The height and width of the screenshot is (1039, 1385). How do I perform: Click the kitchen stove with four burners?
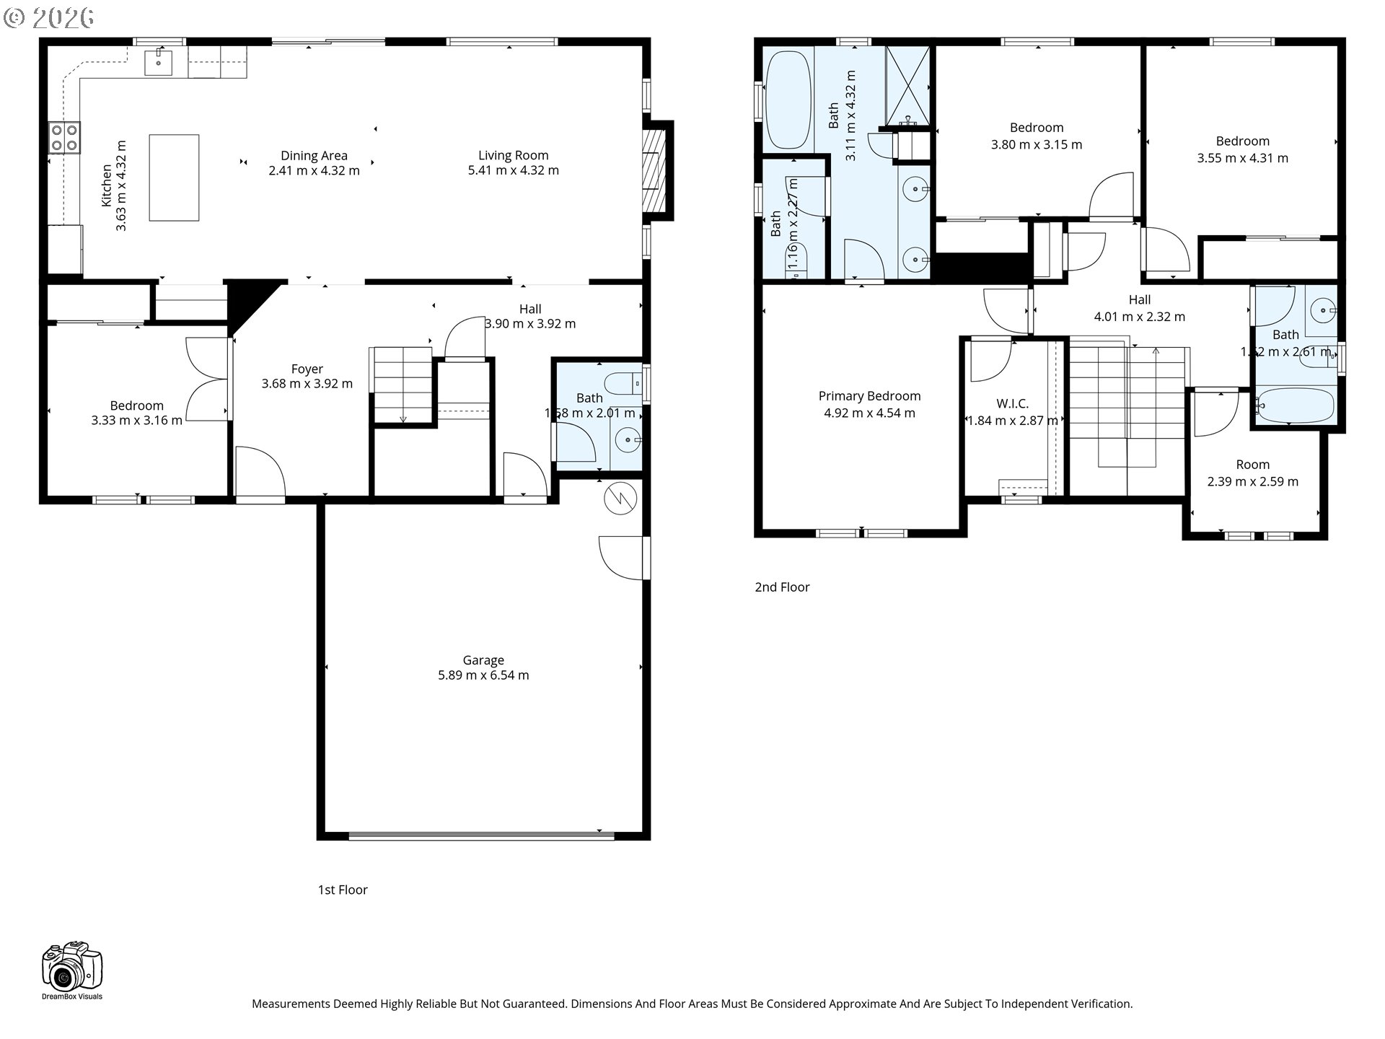(64, 137)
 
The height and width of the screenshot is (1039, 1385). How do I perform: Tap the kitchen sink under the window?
(159, 62)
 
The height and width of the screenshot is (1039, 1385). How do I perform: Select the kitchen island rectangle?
(174, 177)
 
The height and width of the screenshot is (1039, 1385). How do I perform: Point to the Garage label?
(483, 660)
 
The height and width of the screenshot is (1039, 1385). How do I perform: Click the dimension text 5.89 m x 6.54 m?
(483, 675)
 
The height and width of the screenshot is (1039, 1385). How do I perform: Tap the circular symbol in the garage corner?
(620, 499)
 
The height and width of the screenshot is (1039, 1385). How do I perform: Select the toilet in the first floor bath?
(621, 382)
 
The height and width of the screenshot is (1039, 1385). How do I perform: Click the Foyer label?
(307, 369)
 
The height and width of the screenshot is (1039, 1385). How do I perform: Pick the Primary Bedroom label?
(869, 396)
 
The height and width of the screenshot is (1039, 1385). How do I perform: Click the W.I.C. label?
(1012, 404)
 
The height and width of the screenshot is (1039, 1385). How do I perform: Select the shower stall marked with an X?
(907, 86)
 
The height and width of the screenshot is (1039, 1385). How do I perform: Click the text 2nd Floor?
(782, 587)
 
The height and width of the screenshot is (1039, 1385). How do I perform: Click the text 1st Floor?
(343, 890)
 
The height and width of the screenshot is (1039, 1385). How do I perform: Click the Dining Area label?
(314, 156)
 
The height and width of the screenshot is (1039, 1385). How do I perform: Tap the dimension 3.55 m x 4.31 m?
(1242, 158)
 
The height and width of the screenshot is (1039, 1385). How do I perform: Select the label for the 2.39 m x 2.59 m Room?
(1252, 465)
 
